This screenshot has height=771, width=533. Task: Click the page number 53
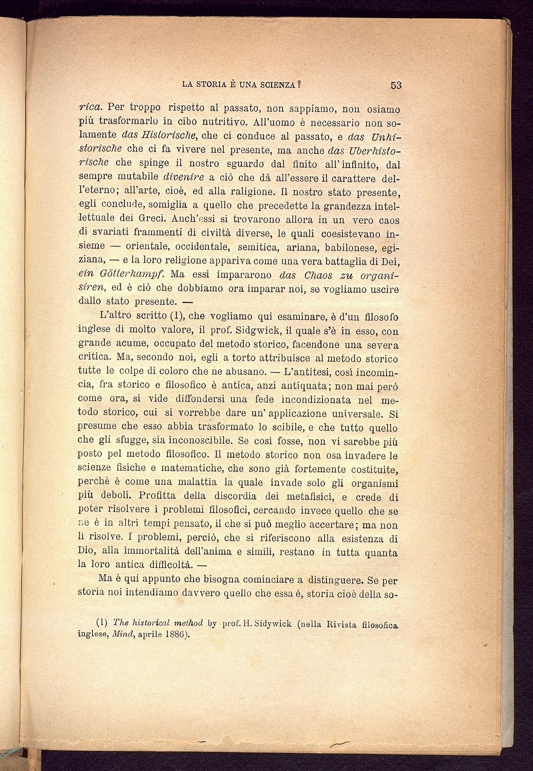(x=395, y=85)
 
